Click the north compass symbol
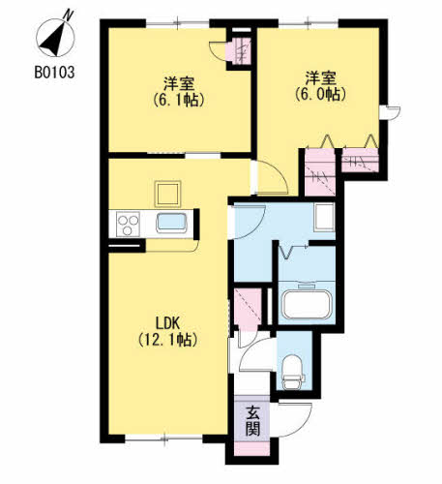coord(55,36)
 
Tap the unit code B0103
coord(54,73)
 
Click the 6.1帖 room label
coord(179,92)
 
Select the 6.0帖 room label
coord(321,86)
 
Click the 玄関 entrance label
coord(252,421)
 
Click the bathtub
coord(307,304)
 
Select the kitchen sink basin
coord(171,223)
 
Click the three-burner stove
coord(128,224)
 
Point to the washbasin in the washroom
coord(324,217)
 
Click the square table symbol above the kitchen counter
coord(167,194)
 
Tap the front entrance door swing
coord(291,419)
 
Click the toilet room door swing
coord(256,354)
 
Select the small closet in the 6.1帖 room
coord(238,50)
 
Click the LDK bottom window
coord(163,439)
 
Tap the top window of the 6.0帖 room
coord(309,23)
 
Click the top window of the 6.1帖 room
coord(178,23)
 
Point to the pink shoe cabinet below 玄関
coord(252,448)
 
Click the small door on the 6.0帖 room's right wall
coord(390,112)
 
